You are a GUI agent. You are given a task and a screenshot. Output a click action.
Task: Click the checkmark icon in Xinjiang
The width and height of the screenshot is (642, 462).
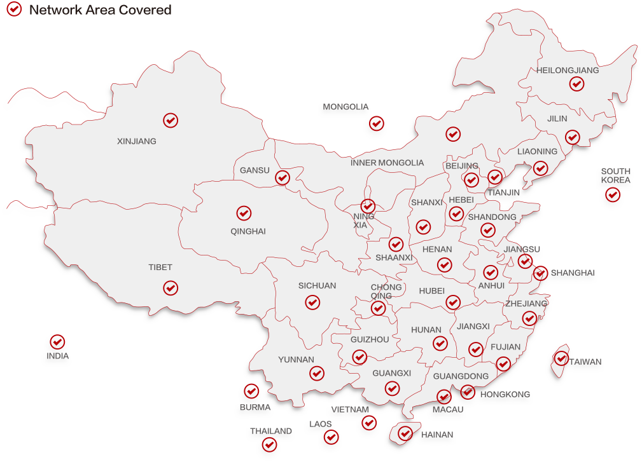[171, 119]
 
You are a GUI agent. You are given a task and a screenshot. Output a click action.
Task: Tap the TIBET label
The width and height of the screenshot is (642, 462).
[160, 268]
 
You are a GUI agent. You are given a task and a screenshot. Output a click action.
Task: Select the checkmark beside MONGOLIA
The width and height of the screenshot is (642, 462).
[377, 123]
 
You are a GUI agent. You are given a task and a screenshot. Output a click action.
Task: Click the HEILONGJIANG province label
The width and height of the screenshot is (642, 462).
[568, 71]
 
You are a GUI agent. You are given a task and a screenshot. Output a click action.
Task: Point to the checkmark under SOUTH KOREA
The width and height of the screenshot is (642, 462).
[613, 194]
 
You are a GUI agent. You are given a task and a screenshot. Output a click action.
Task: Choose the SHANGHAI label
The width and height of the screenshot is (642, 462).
[572, 273]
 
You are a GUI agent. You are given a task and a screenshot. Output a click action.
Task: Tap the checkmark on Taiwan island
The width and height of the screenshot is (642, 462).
[561, 358]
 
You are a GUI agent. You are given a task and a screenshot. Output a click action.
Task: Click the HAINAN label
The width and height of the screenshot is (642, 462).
[437, 435]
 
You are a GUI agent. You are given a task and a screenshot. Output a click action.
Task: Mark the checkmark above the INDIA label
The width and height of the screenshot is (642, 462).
[57, 342]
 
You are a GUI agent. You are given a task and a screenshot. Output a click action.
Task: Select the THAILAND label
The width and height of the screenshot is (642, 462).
[271, 431]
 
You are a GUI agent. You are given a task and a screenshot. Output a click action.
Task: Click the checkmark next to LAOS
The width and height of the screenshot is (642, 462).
[331, 437]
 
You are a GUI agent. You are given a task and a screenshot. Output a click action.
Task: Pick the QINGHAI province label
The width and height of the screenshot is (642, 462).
[248, 231]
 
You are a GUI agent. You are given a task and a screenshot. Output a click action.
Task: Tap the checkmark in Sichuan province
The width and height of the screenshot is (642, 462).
[312, 302]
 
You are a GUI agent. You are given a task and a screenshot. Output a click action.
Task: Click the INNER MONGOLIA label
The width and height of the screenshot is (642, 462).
[387, 163]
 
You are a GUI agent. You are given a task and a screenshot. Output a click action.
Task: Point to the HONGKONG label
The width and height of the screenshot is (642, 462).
[505, 395]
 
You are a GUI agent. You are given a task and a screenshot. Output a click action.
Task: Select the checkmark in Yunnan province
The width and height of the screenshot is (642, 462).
[317, 373]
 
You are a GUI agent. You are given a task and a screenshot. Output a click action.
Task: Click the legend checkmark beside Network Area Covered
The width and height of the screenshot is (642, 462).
[13, 9]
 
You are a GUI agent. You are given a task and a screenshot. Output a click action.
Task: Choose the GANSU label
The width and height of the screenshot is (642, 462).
[255, 170]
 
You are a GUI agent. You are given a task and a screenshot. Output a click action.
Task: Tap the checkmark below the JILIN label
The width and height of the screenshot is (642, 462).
[573, 137]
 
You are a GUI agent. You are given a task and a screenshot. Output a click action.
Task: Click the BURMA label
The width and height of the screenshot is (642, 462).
[255, 407]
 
